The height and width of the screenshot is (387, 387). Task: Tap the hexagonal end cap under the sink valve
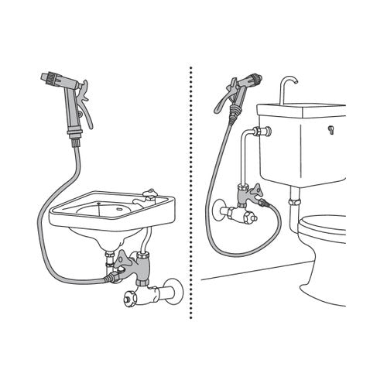point(127,297)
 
